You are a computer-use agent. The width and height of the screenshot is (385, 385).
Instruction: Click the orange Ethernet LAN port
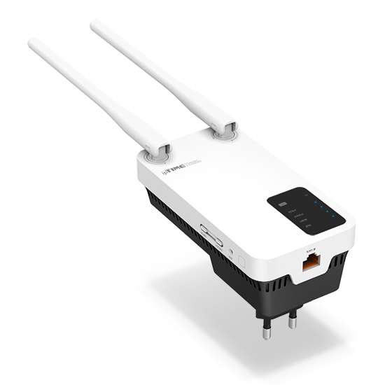309,264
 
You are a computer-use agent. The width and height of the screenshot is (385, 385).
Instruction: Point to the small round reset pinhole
231,249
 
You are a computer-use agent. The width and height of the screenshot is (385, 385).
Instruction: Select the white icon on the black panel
282,205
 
